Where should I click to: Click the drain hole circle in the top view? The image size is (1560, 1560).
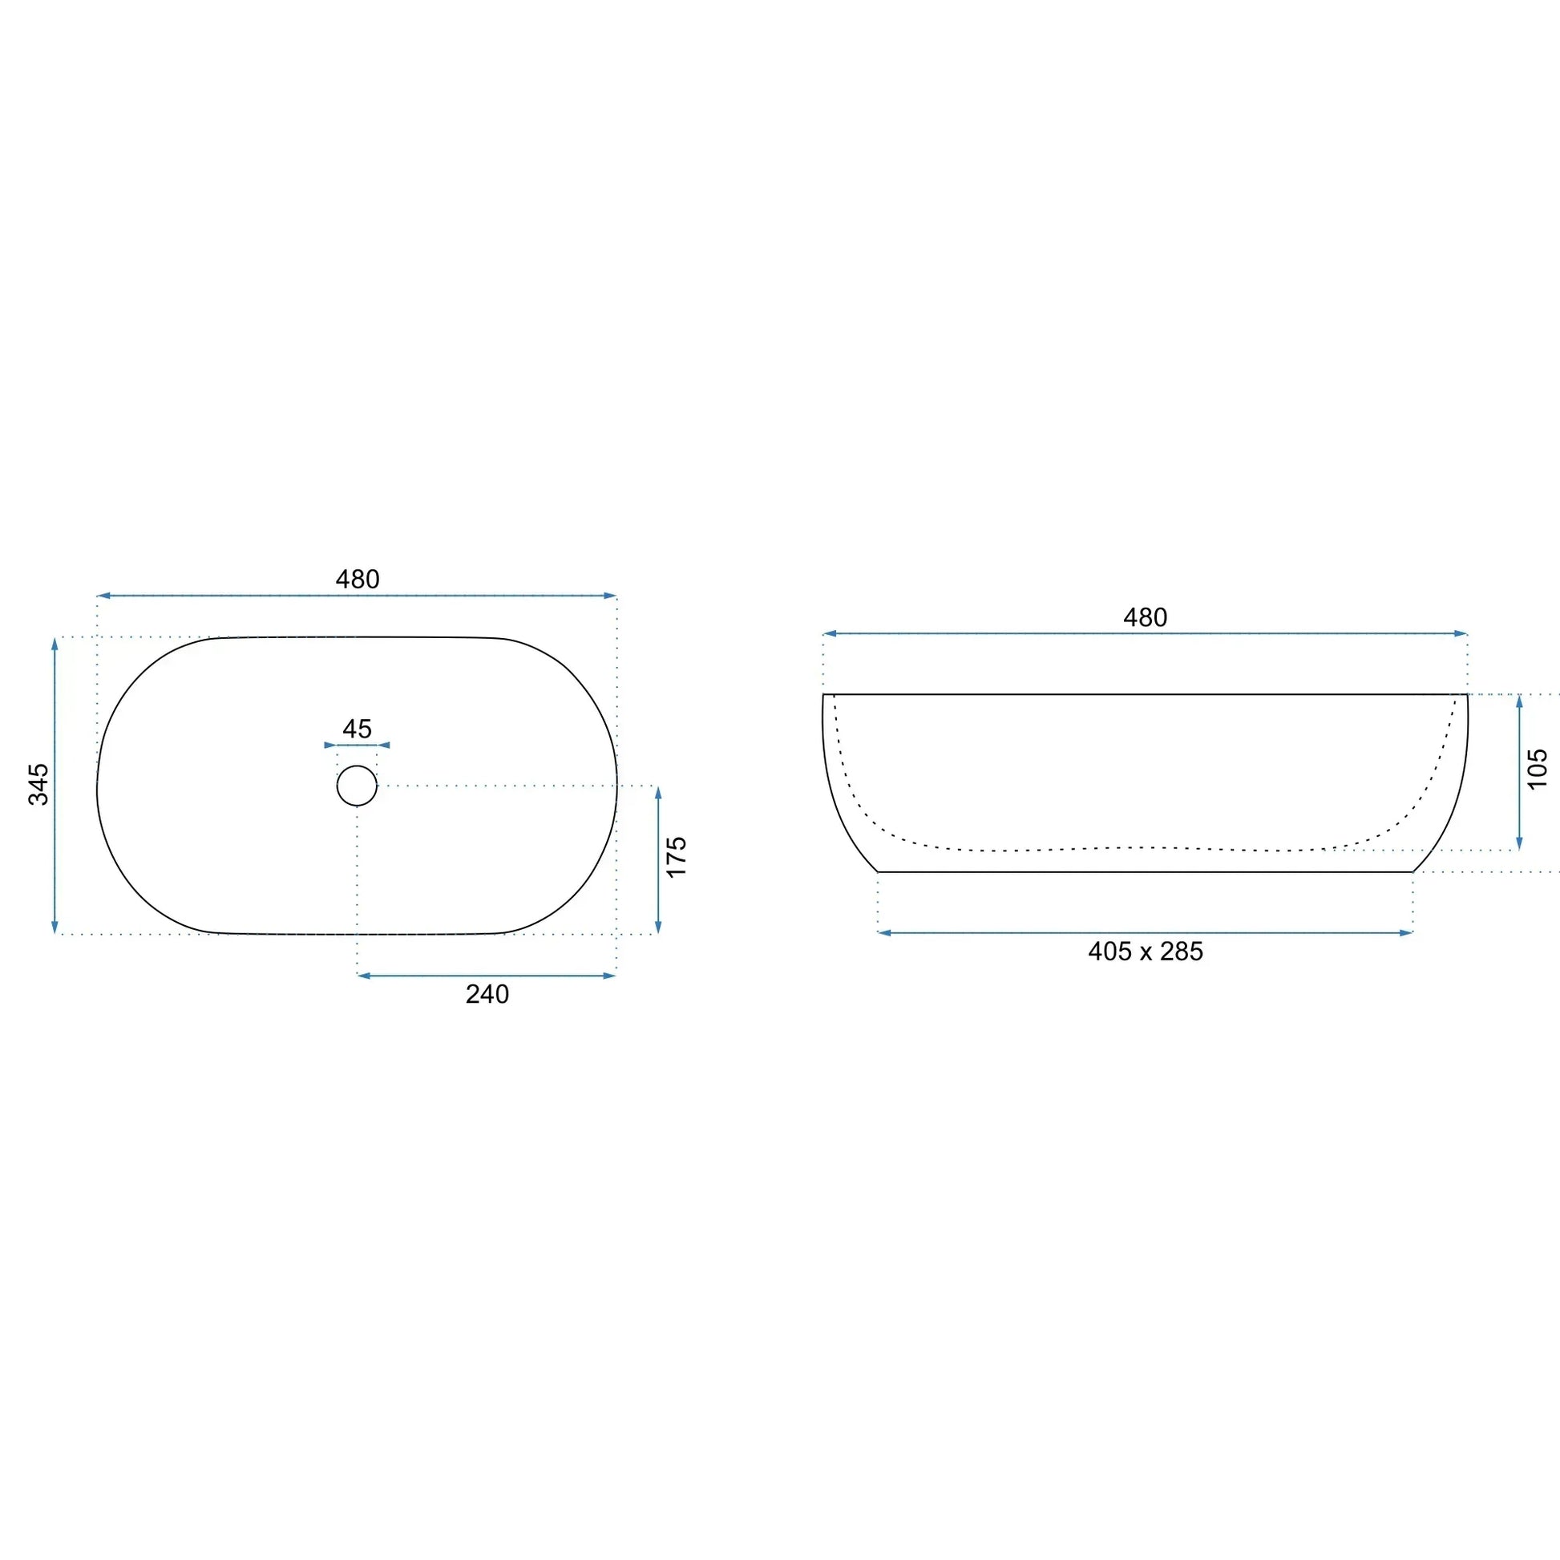pos(357,766)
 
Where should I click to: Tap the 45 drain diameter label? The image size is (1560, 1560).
pos(357,729)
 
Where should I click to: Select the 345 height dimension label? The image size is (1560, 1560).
pos(38,784)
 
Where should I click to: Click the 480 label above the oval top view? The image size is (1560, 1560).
pos(358,579)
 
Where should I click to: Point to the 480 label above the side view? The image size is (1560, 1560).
pos(1145,618)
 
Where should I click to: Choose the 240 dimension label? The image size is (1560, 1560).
pos(487,994)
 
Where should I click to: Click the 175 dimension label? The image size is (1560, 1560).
pos(677,857)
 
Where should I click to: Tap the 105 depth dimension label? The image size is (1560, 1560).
pos(1538,769)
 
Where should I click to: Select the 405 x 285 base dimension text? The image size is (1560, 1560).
pos(1145,952)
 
